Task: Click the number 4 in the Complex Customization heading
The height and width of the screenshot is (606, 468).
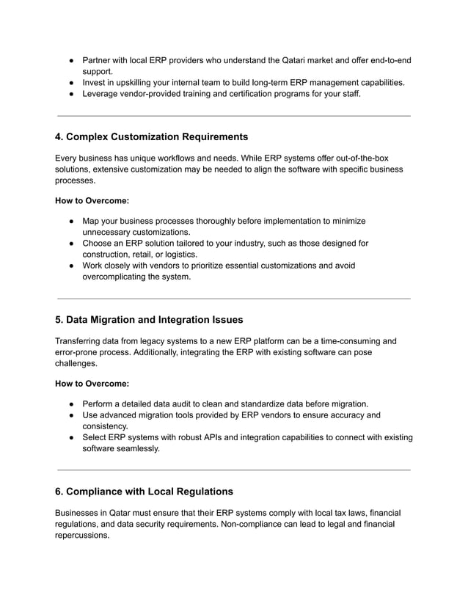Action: [x=59, y=136]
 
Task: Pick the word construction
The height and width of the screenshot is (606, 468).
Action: [x=107, y=254]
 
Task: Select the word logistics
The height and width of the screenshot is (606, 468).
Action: [x=179, y=254]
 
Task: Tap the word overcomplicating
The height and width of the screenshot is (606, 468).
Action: [x=117, y=277]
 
